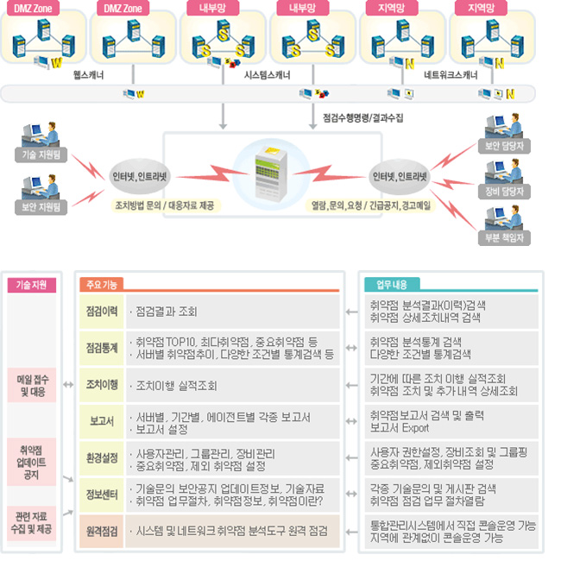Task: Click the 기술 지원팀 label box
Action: pyautogui.click(x=36, y=155)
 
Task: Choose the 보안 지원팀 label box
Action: pyautogui.click(x=36, y=207)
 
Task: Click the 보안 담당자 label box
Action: pyautogui.click(x=504, y=147)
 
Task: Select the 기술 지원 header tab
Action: pyautogui.click(x=32, y=284)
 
